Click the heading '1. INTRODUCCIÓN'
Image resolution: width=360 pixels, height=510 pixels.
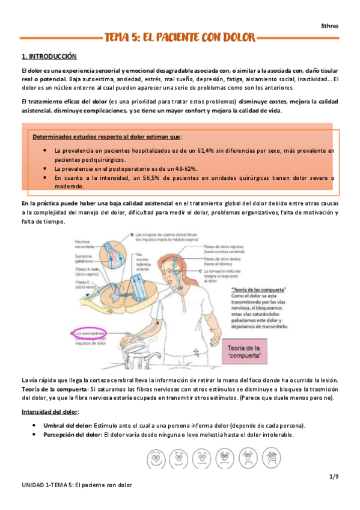click(49, 57)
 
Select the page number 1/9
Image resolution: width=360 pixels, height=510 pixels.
click(334, 477)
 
